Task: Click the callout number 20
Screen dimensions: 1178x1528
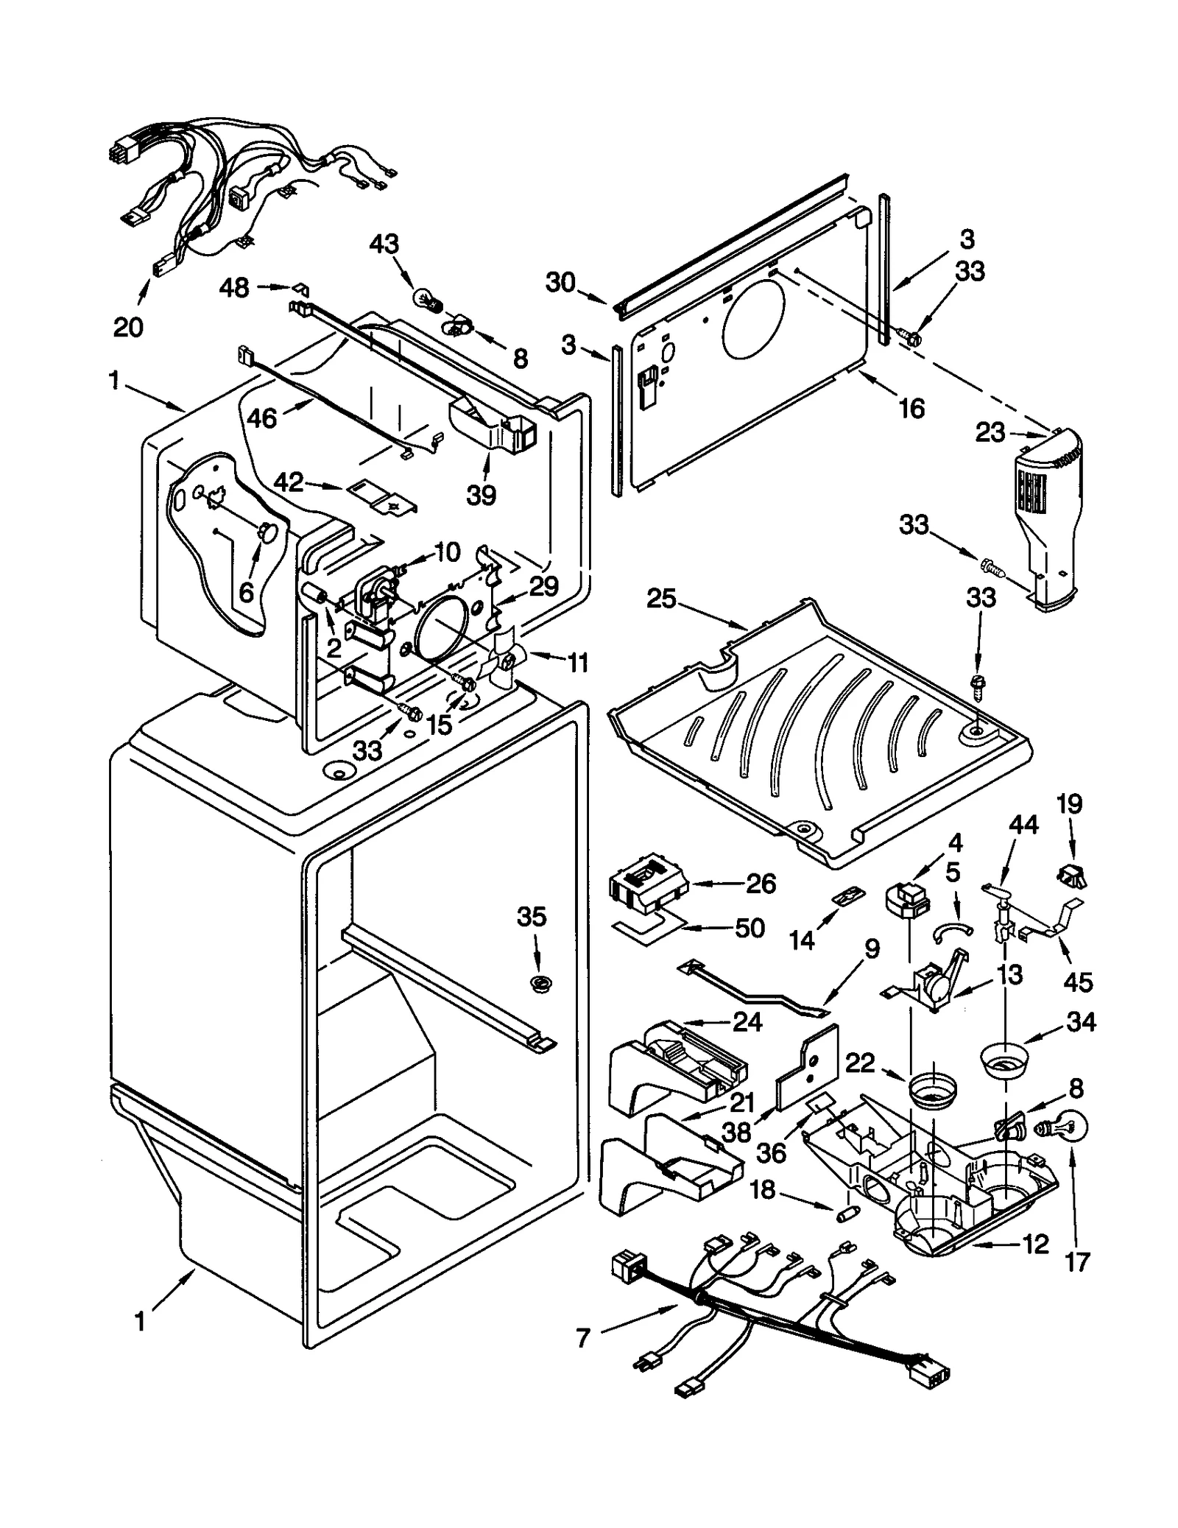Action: click(128, 326)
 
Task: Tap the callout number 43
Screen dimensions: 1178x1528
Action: click(384, 244)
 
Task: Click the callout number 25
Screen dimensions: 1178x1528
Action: click(660, 599)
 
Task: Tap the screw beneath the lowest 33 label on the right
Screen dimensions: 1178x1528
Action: click(977, 681)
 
